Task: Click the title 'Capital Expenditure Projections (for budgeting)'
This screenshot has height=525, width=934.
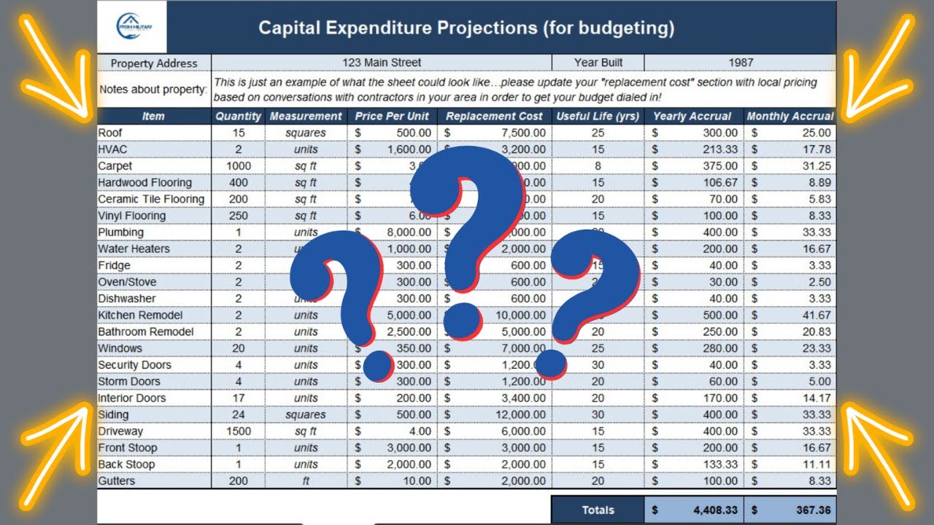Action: pos(466,28)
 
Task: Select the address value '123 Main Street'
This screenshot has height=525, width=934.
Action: pos(382,63)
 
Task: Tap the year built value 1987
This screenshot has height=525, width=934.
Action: pos(740,63)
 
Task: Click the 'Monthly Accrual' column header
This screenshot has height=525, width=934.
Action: pos(790,116)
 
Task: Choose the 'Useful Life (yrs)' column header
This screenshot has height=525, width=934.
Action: pos(598,116)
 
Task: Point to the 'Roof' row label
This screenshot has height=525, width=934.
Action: pos(111,133)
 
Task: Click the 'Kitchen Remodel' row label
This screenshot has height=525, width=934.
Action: pos(140,315)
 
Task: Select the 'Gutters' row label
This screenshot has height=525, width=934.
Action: pos(117,481)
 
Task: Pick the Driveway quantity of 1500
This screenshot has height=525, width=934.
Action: pos(238,431)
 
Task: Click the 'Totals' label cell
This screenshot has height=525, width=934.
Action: pos(598,510)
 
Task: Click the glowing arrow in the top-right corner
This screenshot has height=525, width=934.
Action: pos(875,69)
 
